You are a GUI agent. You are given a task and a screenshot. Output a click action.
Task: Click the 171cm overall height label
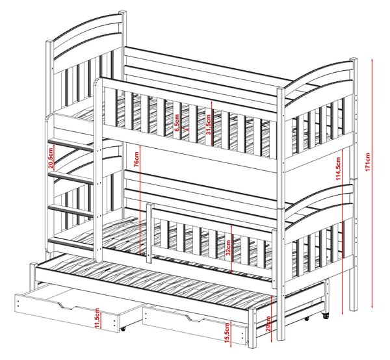tap(368, 162)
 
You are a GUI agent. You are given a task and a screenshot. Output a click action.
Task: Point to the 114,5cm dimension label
tap(338, 169)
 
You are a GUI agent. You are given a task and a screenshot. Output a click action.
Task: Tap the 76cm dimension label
tap(136, 159)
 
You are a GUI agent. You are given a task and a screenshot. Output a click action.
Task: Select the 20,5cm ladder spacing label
tap(51, 158)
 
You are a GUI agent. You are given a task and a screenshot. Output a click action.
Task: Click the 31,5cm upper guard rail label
tap(209, 125)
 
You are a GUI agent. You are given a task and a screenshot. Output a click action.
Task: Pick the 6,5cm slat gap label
tap(177, 123)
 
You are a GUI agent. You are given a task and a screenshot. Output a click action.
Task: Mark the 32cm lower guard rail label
tap(228, 248)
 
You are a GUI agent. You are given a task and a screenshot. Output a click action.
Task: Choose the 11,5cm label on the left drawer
tap(97, 318)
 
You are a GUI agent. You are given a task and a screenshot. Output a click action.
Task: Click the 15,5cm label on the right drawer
tap(227, 333)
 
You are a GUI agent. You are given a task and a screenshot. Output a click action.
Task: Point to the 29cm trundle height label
tap(268, 324)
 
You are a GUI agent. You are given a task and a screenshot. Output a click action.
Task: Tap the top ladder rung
tap(71, 144)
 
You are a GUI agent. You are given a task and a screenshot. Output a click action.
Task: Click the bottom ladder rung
tap(71, 244)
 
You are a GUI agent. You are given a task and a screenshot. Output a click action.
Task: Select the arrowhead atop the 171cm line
tap(372, 61)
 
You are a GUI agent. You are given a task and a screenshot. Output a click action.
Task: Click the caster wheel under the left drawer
tap(122, 329)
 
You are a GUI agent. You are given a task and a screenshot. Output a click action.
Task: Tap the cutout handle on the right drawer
tap(193, 318)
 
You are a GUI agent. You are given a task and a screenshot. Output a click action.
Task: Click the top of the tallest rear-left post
tap(122, 12)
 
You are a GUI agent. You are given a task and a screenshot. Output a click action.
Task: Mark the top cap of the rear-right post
tap(354, 60)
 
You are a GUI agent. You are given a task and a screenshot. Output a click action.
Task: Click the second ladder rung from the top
tap(71, 178)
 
